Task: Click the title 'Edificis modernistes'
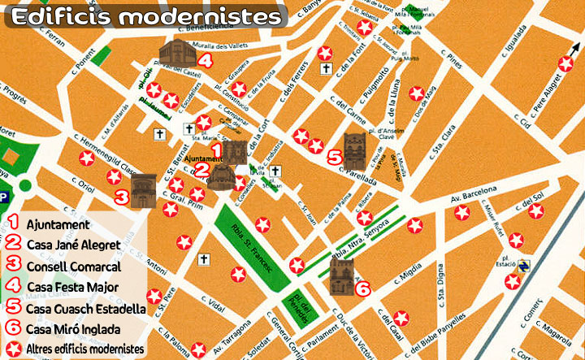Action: tap(146, 16)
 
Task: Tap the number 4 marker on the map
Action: tap(206, 60)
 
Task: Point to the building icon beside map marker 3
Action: tap(142, 190)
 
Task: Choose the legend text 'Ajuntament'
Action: tap(58, 224)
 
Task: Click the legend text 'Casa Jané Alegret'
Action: tap(74, 245)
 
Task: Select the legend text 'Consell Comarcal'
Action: tap(73, 266)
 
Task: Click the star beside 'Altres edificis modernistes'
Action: tap(14, 349)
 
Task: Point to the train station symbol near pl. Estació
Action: tap(524, 266)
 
